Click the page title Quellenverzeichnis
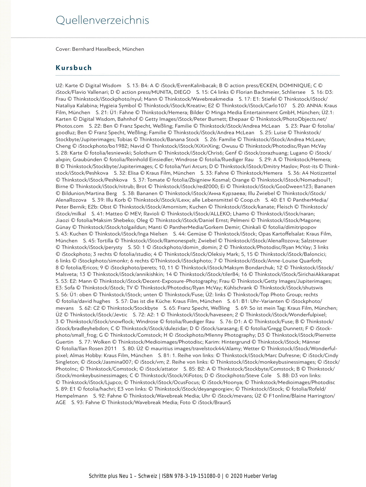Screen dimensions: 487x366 click(x=102, y=20)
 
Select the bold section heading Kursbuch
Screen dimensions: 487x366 click(x=74, y=68)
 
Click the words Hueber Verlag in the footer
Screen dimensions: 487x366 click(x=260, y=476)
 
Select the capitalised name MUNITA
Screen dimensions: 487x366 click(x=162, y=92)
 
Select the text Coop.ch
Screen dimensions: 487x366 click(x=250, y=200)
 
